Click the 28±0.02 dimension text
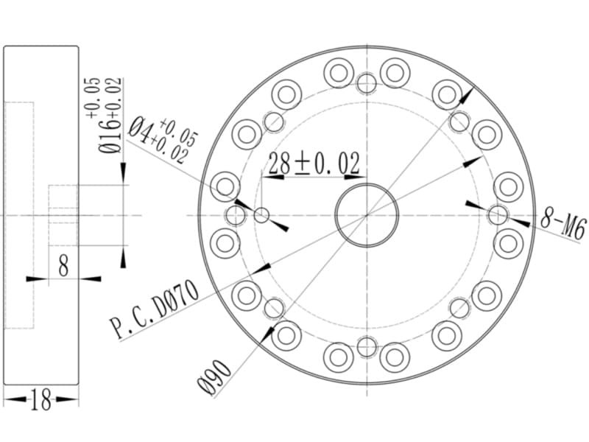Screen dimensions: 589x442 (x=314, y=163)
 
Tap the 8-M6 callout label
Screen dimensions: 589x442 (x=563, y=225)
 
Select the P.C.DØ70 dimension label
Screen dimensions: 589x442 (x=154, y=309)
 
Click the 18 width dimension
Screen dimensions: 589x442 (x=41, y=399)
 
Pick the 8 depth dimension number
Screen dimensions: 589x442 (x=64, y=264)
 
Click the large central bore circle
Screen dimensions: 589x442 (x=367, y=183)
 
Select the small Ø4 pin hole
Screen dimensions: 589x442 (x=261, y=216)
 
